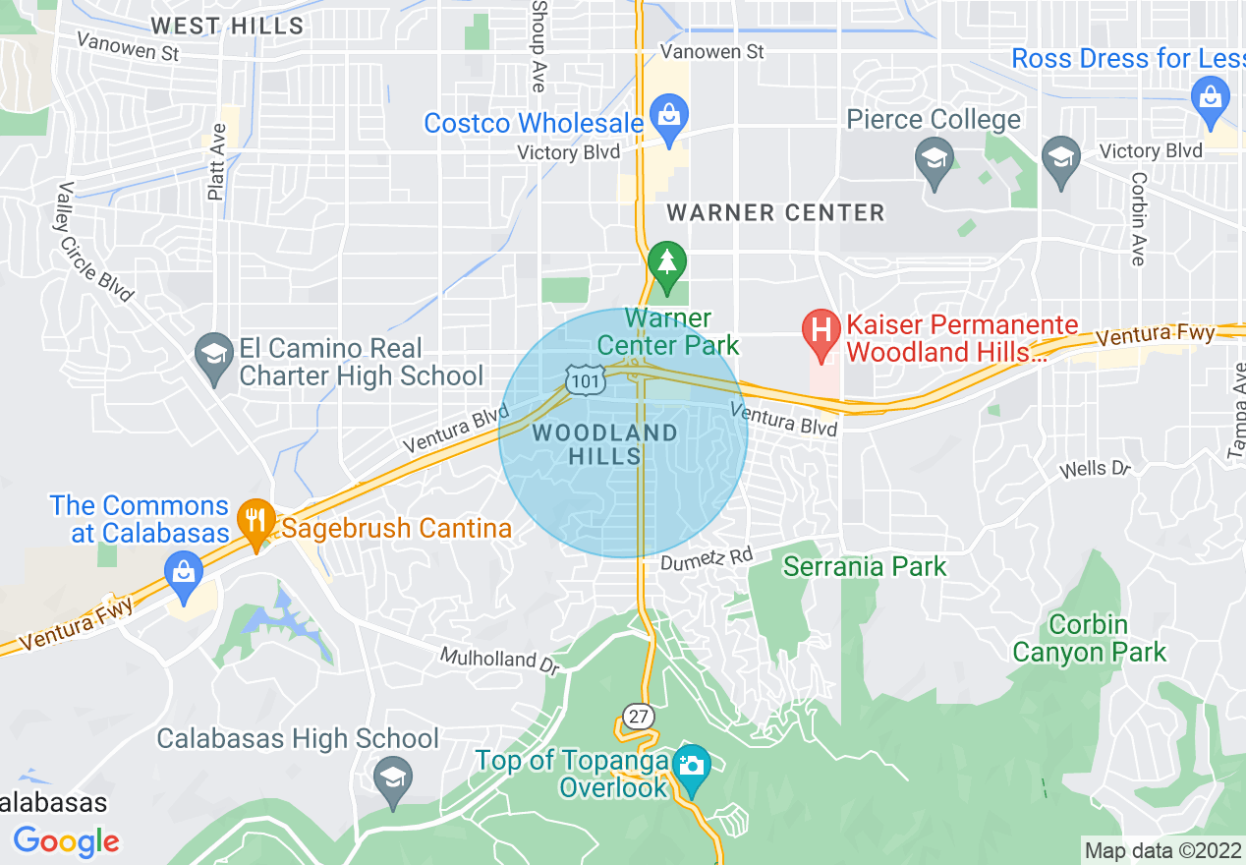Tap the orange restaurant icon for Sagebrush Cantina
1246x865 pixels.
tap(255, 519)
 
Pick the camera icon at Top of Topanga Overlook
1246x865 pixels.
tap(691, 765)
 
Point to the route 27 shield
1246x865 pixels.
tap(639, 716)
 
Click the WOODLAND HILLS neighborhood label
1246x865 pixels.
tap(605, 444)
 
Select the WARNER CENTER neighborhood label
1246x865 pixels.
tap(775, 212)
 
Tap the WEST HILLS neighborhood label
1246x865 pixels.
tap(227, 26)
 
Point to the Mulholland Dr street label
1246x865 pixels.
tap(499, 659)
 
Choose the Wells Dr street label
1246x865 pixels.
tap(1097, 469)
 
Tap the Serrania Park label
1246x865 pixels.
tap(865, 566)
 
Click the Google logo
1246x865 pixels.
tap(67, 841)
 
